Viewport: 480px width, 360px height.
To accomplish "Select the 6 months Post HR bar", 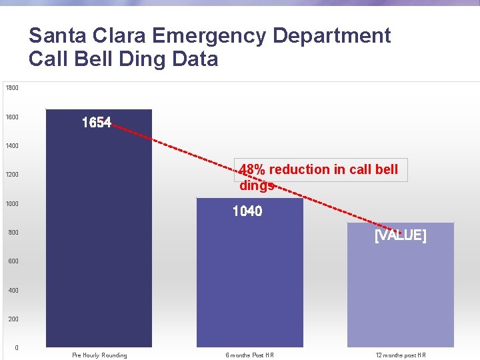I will tap(250, 280).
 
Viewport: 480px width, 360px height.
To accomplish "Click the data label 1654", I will tap(97, 123).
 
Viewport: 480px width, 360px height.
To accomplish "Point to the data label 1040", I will tap(247, 211).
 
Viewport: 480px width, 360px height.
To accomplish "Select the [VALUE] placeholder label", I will tap(400, 235).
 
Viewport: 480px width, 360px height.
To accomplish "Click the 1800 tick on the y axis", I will tap(12, 88).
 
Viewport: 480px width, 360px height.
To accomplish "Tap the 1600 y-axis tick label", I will tap(12, 117).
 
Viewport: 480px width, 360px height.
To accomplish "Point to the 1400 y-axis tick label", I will tap(12, 146).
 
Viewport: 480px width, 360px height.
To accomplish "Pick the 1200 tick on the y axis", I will tap(12, 175).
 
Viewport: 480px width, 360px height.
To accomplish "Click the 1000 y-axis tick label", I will tap(12, 204).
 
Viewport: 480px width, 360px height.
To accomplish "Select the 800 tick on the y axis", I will tap(13, 233).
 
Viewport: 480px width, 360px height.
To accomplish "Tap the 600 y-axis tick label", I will tap(13, 261).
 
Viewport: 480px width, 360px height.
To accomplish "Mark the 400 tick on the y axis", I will tap(13, 291).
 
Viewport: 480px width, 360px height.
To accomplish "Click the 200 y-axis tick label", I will tap(13, 319).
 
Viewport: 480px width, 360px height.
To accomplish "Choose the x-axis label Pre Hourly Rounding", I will tap(99, 355).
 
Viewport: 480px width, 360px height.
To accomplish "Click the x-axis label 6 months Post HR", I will tap(249, 355).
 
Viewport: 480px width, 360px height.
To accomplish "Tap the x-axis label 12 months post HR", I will tap(400, 355).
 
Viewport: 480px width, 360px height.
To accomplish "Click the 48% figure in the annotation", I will tap(253, 169).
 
